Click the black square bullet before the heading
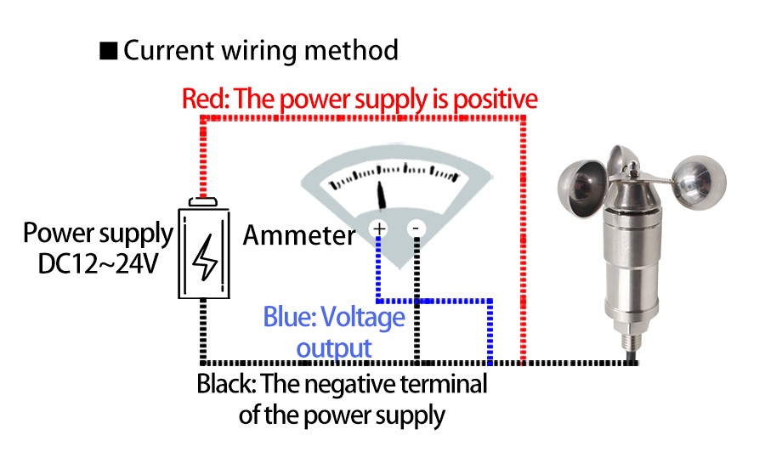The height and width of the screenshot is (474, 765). (109, 51)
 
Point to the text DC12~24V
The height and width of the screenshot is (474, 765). (98, 263)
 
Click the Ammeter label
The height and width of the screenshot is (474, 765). (299, 235)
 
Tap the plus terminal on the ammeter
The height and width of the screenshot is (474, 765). (378, 229)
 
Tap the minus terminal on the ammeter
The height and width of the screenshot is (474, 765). (416, 229)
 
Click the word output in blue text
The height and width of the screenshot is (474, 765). (334, 347)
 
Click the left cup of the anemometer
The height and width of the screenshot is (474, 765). (581, 186)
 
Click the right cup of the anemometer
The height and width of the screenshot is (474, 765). (700, 178)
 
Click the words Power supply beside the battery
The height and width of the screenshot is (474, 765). (98, 233)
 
